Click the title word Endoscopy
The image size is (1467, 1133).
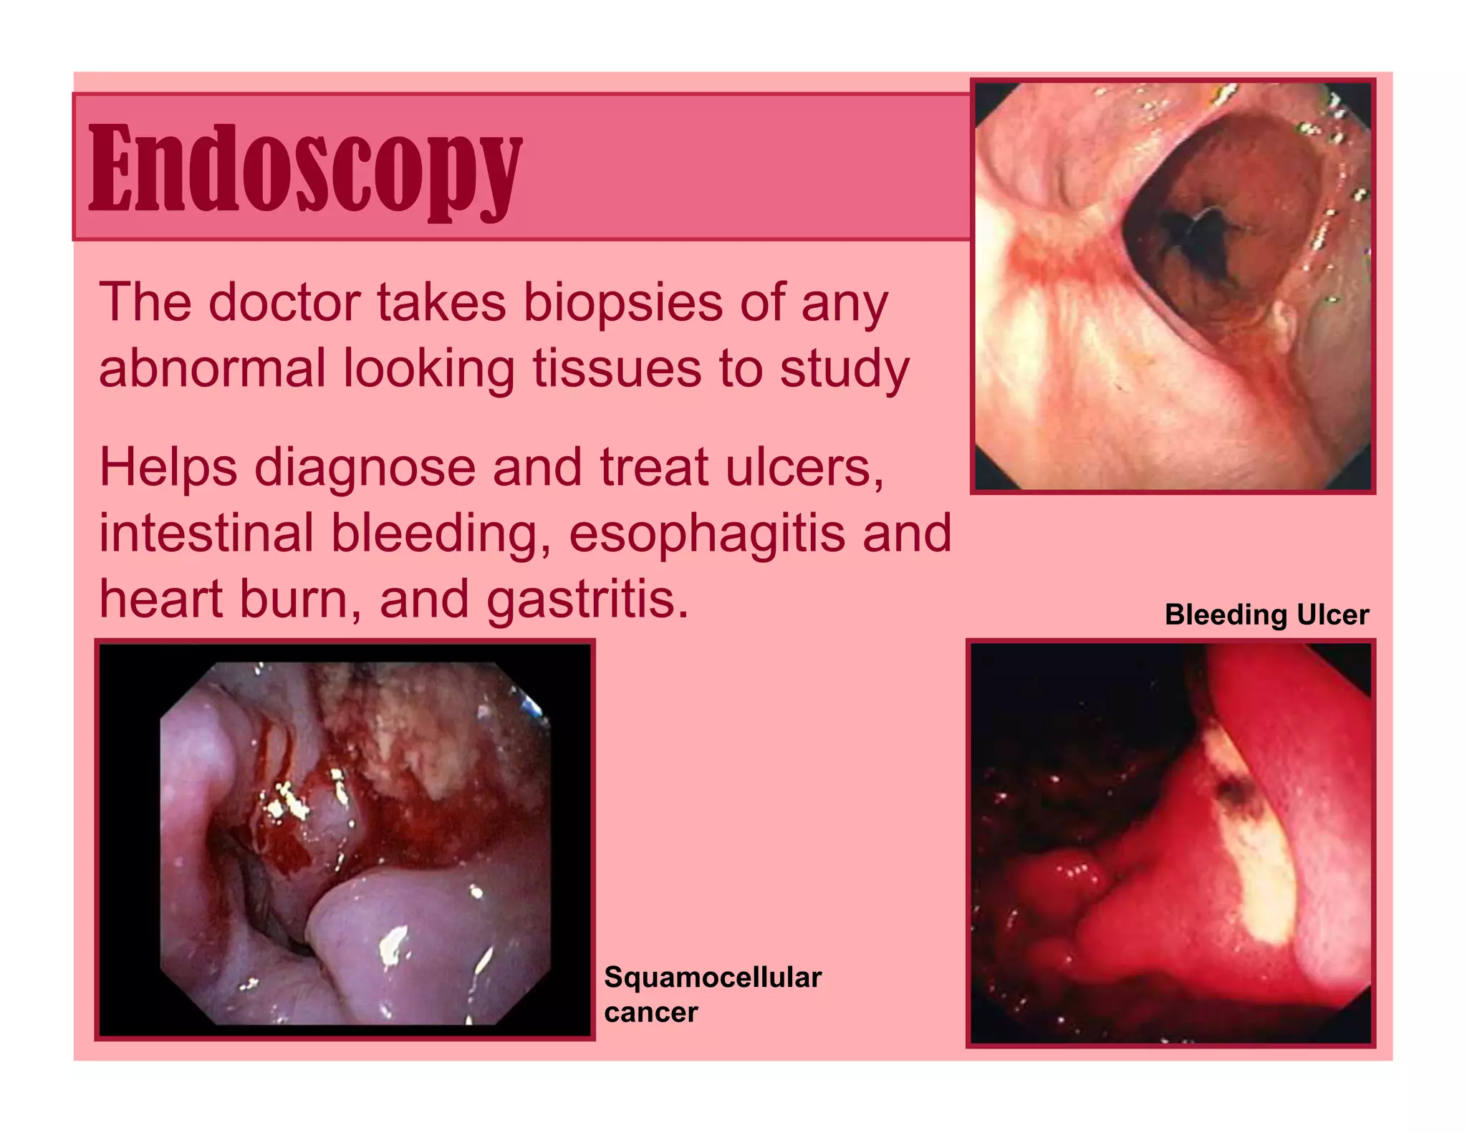coord(306,168)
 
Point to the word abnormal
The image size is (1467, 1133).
coord(212,369)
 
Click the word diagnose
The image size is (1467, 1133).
coord(365,468)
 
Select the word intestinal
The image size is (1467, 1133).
coord(206,534)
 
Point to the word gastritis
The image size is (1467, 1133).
coord(587,600)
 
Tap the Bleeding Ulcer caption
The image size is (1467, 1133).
coord(1266,615)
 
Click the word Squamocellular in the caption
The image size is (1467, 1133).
coord(713,978)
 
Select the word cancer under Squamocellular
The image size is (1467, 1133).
coord(650,1013)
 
